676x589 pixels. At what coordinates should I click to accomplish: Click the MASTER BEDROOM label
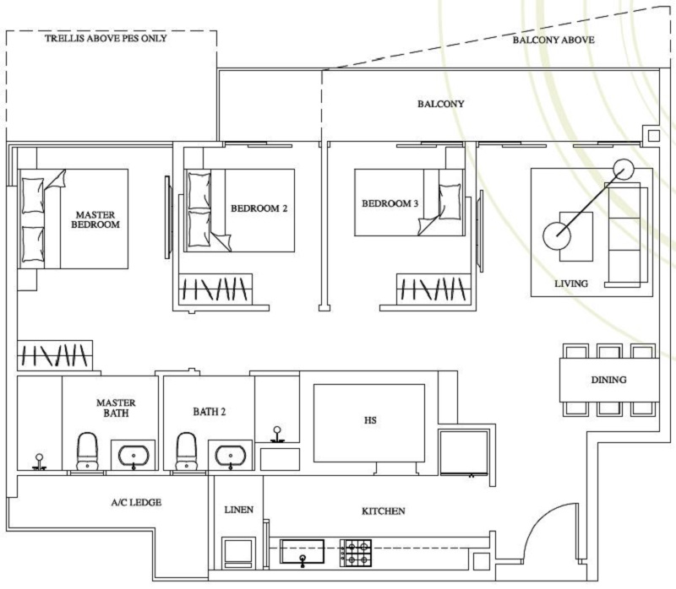[95, 219]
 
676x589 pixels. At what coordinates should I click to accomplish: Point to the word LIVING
[571, 284]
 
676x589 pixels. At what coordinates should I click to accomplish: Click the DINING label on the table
[608, 380]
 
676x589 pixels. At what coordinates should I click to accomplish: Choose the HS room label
[368, 419]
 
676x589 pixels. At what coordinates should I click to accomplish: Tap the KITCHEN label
[384, 511]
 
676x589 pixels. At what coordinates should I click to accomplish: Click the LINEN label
[237, 511]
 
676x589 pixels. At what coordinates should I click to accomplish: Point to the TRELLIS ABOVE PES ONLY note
[106, 39]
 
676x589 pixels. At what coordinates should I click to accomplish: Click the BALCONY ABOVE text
[553, 40]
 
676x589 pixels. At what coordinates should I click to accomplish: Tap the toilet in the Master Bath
[89, 451]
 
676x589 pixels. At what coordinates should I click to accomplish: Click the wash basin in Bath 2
[230, 456]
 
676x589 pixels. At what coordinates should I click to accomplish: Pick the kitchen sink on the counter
[302, 552]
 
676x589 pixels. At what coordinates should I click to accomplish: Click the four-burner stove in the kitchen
[356, 553]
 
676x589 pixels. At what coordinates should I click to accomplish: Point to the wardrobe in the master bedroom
[54, 354]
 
